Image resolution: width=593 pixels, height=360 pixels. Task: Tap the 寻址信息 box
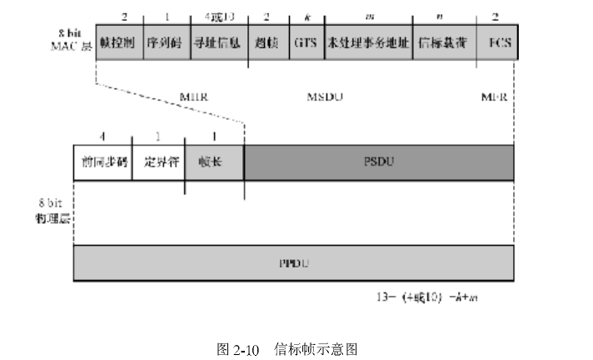(217, 42)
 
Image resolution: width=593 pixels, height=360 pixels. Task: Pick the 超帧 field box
(266, 42)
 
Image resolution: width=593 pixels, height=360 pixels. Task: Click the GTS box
(304, 42)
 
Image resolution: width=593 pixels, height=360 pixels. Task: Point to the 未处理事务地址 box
(368, 42)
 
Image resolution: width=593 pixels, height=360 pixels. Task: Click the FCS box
(497, 42)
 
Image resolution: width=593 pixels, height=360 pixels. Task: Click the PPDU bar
(294, 263)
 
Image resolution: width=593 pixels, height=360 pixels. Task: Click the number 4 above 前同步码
(102, 137)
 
